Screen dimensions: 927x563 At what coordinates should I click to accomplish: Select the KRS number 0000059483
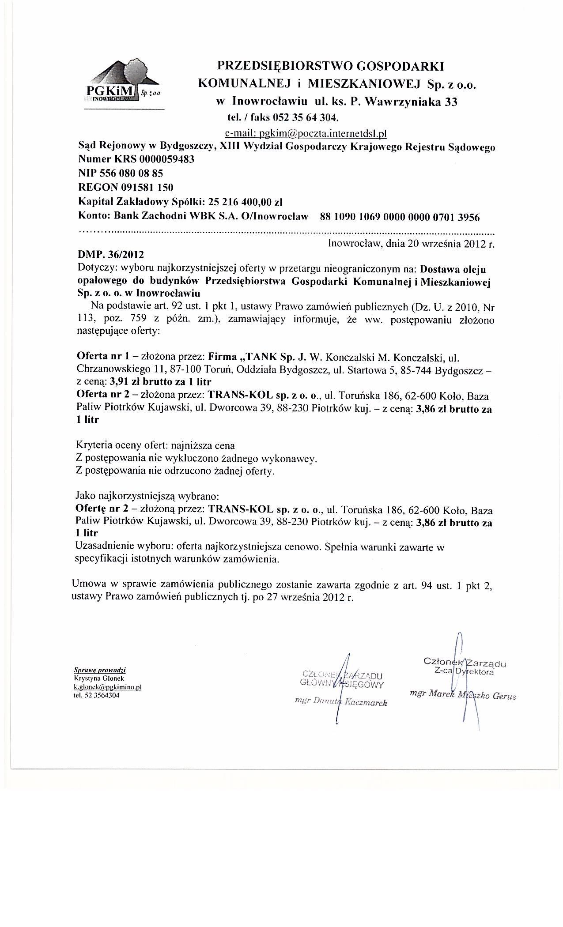click(166, 159)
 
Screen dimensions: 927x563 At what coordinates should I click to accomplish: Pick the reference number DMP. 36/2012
click(110, 255)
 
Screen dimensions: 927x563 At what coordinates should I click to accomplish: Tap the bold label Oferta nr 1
click(101, 356)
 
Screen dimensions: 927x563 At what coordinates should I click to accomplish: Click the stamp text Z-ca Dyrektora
click(464, 672)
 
